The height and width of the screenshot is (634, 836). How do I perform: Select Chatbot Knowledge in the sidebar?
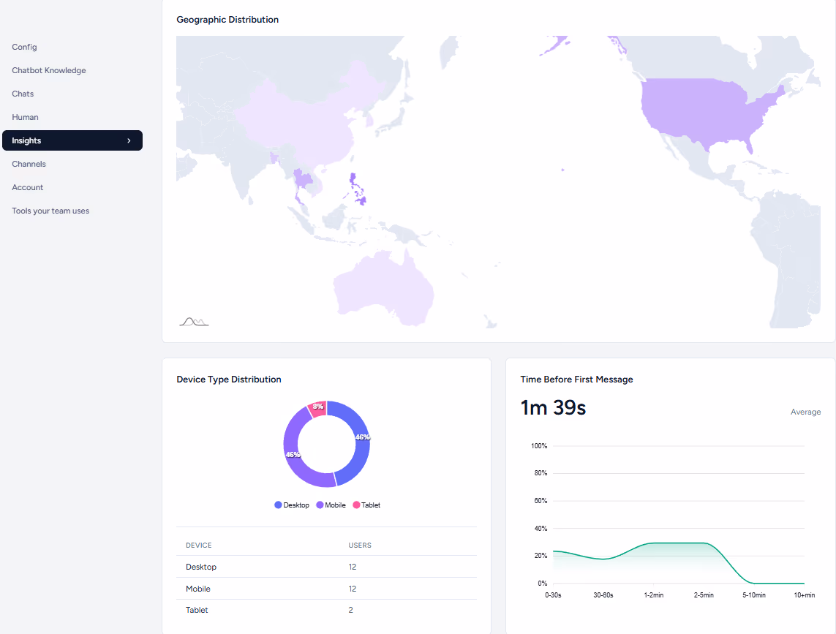(49, 70)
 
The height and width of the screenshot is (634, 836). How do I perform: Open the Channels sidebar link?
(29, 164)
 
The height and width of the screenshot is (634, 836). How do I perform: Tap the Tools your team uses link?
(50, 211)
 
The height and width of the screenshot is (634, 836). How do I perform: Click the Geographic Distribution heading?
(227, 20)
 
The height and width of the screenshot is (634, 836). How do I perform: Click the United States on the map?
(695, 110)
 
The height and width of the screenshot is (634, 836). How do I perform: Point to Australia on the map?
(384, 285)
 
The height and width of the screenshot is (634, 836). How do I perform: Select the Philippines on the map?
(358, 189)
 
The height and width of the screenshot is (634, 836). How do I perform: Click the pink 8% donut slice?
(317, 408)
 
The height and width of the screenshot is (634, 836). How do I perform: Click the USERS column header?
(360, 546)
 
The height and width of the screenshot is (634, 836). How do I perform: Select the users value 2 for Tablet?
(351, 610)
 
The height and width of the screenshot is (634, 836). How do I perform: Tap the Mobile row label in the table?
(198, 589)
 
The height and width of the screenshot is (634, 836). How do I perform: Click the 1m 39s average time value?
(553, 408)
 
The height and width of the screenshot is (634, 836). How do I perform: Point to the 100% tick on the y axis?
(539, 446)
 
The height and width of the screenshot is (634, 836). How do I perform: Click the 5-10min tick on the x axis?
(754, 595)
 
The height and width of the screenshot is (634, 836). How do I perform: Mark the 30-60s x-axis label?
(603, 595)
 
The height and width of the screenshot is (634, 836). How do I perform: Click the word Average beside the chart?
(805, 412)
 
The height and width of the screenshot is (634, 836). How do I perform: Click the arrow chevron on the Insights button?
(129, 140)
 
